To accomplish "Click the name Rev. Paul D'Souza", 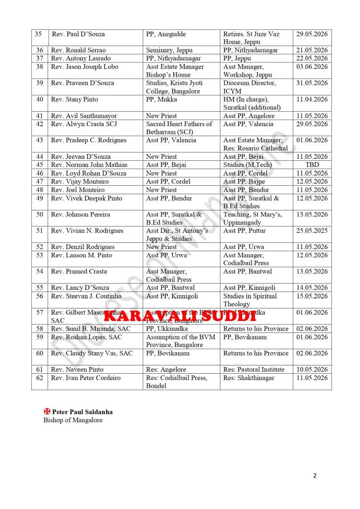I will click(x=78, y=34).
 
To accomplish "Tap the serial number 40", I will click(x=39, y=99).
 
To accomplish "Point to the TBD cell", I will click(x=312, y=165).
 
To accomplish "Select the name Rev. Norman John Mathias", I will click(x=89, y=165).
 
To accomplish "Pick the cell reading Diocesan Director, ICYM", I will click(x=250, y=87).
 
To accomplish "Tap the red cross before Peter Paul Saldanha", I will click(x=47, y=412).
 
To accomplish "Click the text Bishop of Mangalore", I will click(x=72, y=420).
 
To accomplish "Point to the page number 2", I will click(x=315, y=476).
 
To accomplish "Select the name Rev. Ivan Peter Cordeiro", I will click(x=86, y=378).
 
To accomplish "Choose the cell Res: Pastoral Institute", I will click(x=253, y=369).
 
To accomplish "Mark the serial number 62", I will click(x=39, y=378).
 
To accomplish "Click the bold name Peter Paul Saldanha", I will click(x=83, y=412).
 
